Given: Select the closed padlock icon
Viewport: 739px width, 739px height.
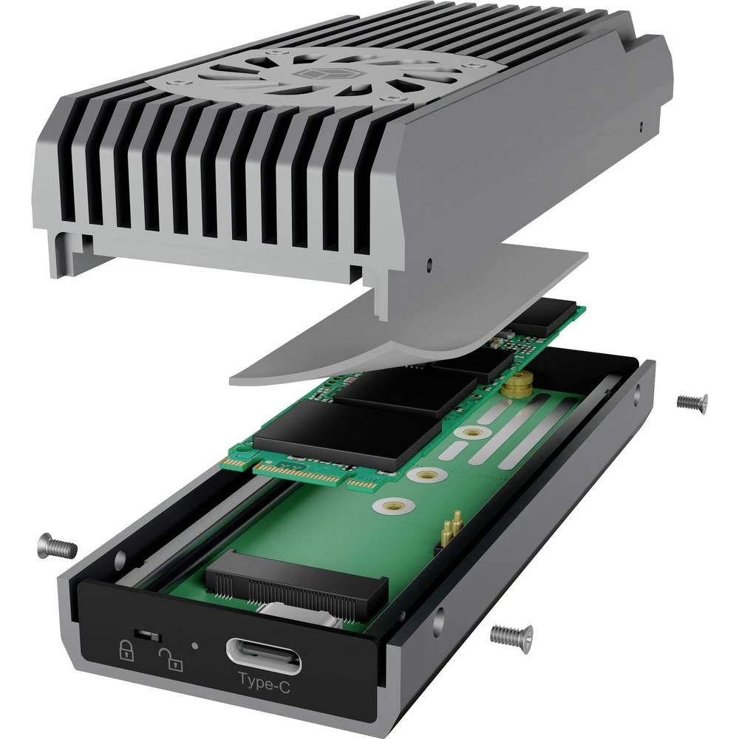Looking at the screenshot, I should coord(127,650).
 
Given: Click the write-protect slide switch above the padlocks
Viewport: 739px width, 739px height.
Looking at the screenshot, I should coord(149,635).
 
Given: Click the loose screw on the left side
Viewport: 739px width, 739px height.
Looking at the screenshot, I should coord(57,546).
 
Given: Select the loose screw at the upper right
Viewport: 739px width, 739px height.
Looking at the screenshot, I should coord(692,402).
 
